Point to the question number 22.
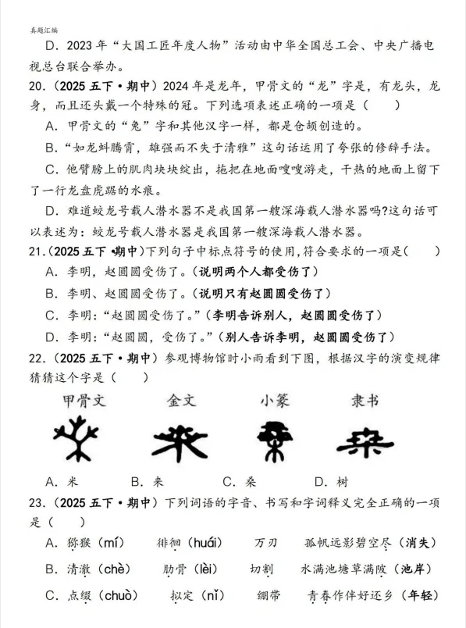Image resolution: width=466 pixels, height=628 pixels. [x=34, y=359]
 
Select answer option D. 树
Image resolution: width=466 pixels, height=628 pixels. [x=332, y=481]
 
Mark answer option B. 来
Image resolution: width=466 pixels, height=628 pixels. [x=148, y=481]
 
